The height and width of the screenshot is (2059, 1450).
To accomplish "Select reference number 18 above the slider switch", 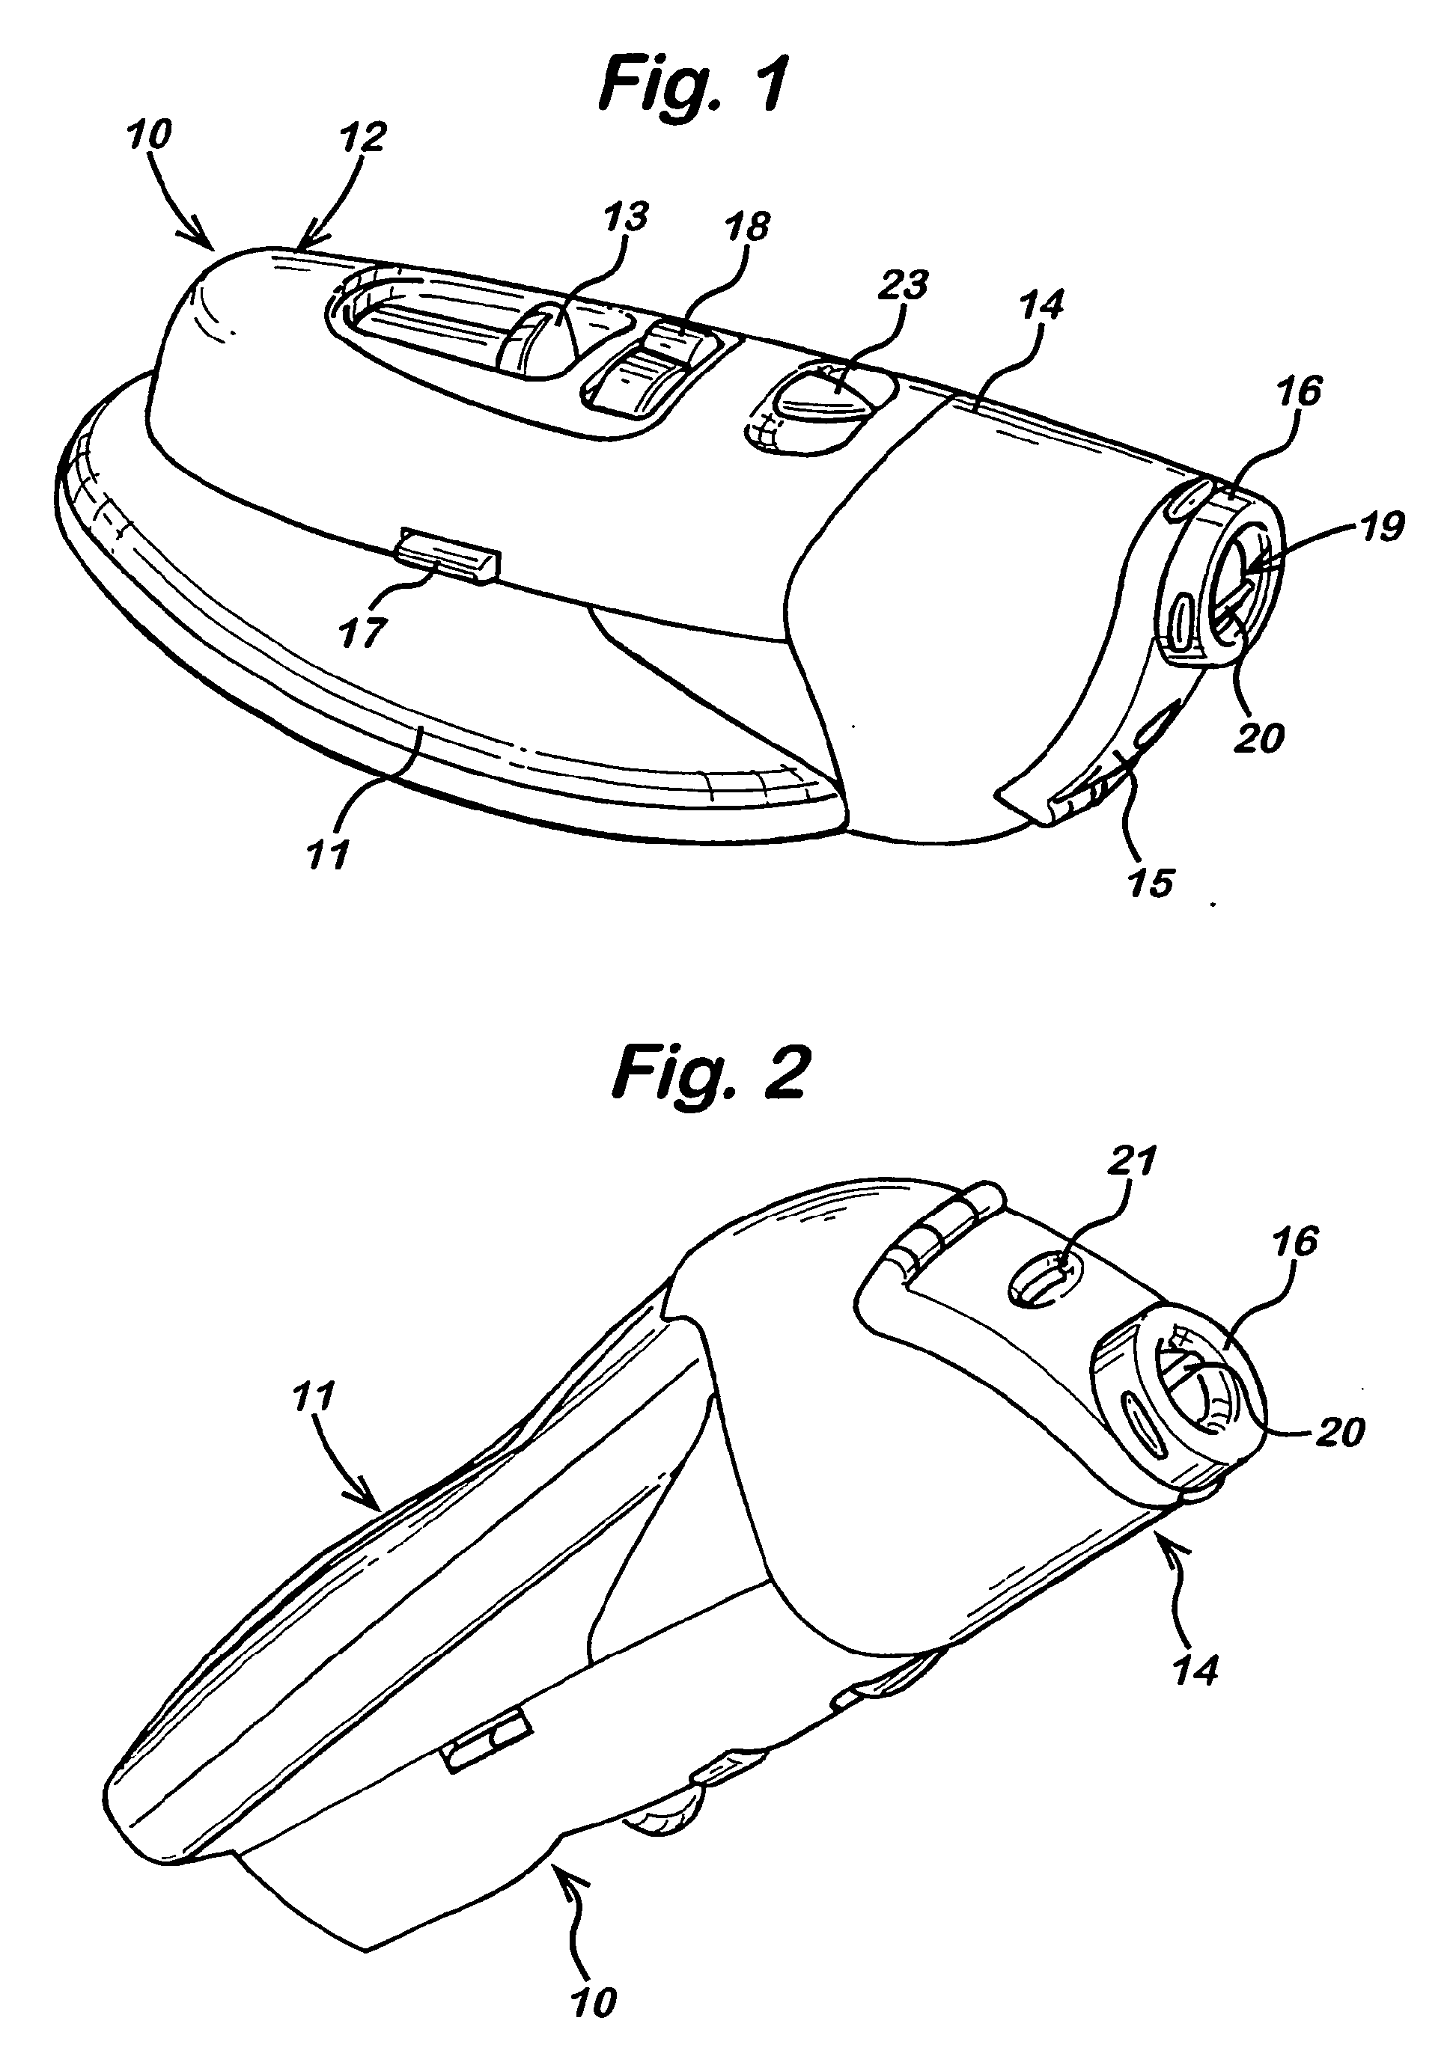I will [746, 226].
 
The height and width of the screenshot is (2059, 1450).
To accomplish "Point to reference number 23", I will [902, 286].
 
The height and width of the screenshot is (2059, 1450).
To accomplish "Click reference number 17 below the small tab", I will [362, 631].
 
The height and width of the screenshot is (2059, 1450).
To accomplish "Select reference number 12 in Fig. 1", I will [362, 136].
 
